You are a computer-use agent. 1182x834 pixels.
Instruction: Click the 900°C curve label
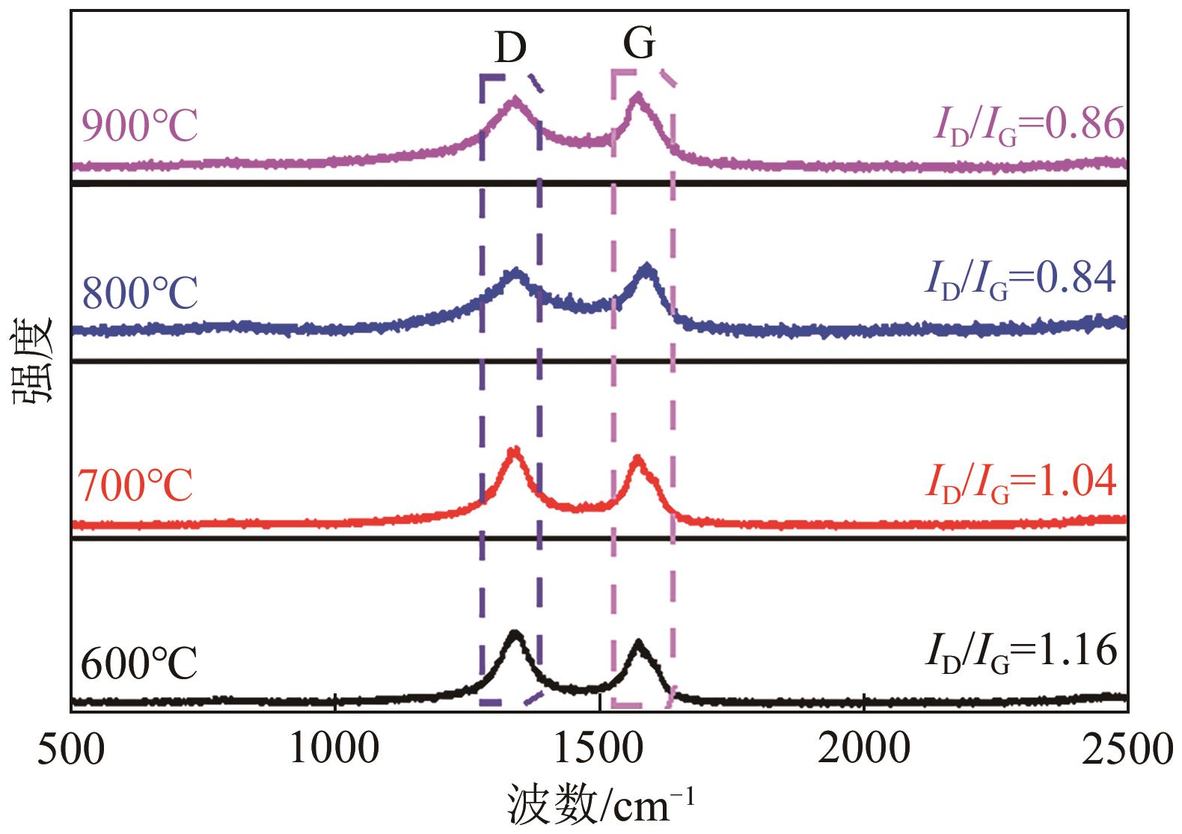(140, 126)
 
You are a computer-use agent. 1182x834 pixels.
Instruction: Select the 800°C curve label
(140, 293)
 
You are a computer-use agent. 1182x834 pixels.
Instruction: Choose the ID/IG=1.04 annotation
(1021, 482)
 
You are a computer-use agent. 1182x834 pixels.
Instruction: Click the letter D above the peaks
(511, 49)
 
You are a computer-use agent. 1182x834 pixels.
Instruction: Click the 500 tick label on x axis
(72, 748)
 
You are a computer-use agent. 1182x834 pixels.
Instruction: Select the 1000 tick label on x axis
(335, 748)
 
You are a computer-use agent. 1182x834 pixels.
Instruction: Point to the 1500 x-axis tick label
(599, 748)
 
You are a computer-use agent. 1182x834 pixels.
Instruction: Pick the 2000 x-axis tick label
(863, 748)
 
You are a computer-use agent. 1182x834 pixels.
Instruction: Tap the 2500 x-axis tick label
(1126, 748)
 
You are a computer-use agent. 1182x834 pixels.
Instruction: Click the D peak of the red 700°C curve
(513, 452)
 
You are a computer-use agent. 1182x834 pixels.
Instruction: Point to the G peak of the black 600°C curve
(638, 644)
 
